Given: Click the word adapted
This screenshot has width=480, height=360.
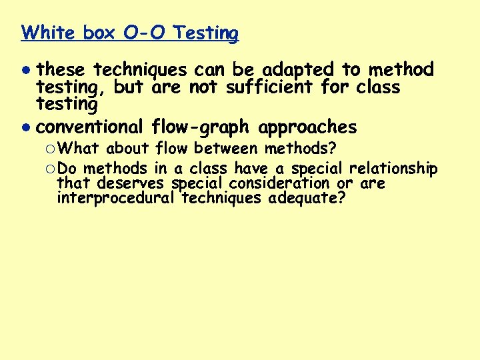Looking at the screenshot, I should [x=300, y=69].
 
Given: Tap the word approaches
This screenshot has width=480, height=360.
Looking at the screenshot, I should [x=307, y=127].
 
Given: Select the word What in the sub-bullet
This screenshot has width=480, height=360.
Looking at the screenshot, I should [x=83, y=148].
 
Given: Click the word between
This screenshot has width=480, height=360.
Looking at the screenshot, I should [x=223, y=148].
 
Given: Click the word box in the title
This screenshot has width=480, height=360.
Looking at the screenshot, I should [x=99, y=33].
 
